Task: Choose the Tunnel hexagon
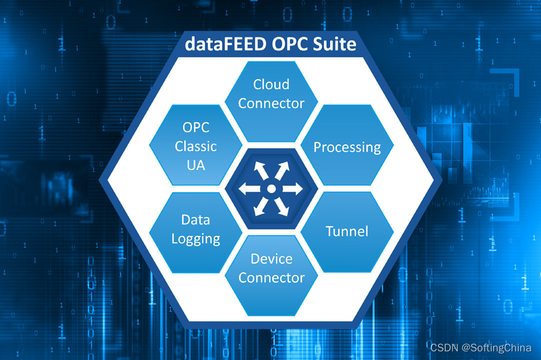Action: click(347, 232)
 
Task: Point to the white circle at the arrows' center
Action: click(271, 189)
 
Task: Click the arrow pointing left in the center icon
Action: click(246, 189)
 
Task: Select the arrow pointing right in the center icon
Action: click(296, 189)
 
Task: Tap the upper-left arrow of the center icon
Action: click(258, 168)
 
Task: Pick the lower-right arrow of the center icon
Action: click(284, 209)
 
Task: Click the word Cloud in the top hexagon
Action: click(271, 84)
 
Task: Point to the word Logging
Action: click(195, 239)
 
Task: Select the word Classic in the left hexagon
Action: click(195, 146)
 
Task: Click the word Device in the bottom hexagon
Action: click(271, 259)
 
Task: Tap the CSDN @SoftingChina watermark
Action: click(481, 348)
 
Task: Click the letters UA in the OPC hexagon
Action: click(195, 165)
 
